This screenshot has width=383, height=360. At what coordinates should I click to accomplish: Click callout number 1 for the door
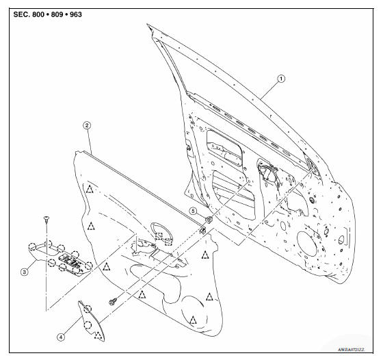tap(280, 79)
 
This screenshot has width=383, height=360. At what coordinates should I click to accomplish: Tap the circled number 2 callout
tap(87, 125)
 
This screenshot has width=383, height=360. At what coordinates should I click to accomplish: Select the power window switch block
tap(70, 262)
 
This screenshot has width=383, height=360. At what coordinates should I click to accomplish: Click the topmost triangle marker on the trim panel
tap(89, 188)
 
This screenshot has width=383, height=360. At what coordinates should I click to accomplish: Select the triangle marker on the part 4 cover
tap(97, 333)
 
